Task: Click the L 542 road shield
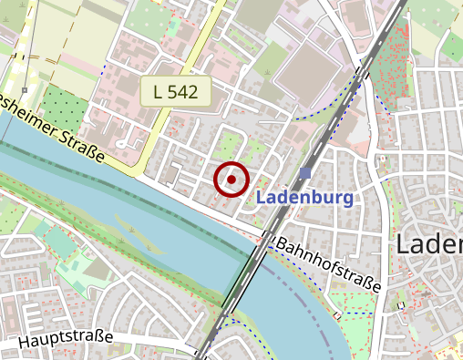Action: click(176, 92)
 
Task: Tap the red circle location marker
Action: click(231, 180)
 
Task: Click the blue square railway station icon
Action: click(304, 173)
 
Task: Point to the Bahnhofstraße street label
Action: click(327, 265)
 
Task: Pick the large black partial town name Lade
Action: click(429, 244)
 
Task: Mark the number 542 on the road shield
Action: click(184, 92)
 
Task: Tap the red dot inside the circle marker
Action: click(231, 180)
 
